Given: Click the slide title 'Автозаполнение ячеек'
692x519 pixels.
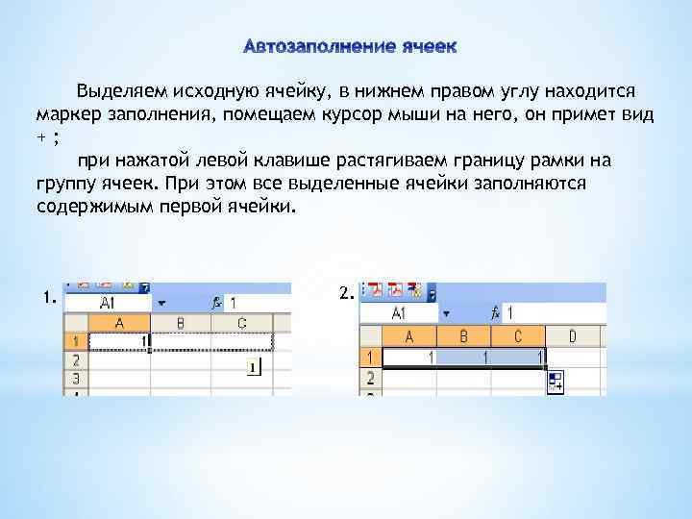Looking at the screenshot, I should coord(351,46).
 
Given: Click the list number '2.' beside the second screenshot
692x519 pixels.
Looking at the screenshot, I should coord(347,292).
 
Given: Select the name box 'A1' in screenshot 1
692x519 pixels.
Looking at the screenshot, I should coord(108,302).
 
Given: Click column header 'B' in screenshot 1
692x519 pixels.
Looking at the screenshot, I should coord(180,322).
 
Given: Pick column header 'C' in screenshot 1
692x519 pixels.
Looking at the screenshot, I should coord(241,322).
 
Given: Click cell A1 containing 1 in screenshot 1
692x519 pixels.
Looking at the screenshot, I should coord(119,341).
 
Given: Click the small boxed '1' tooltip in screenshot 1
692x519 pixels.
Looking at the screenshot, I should coord(252,367).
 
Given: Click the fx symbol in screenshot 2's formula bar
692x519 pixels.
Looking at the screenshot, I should coord(495,313).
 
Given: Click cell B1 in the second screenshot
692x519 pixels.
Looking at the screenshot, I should coord(464,357).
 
